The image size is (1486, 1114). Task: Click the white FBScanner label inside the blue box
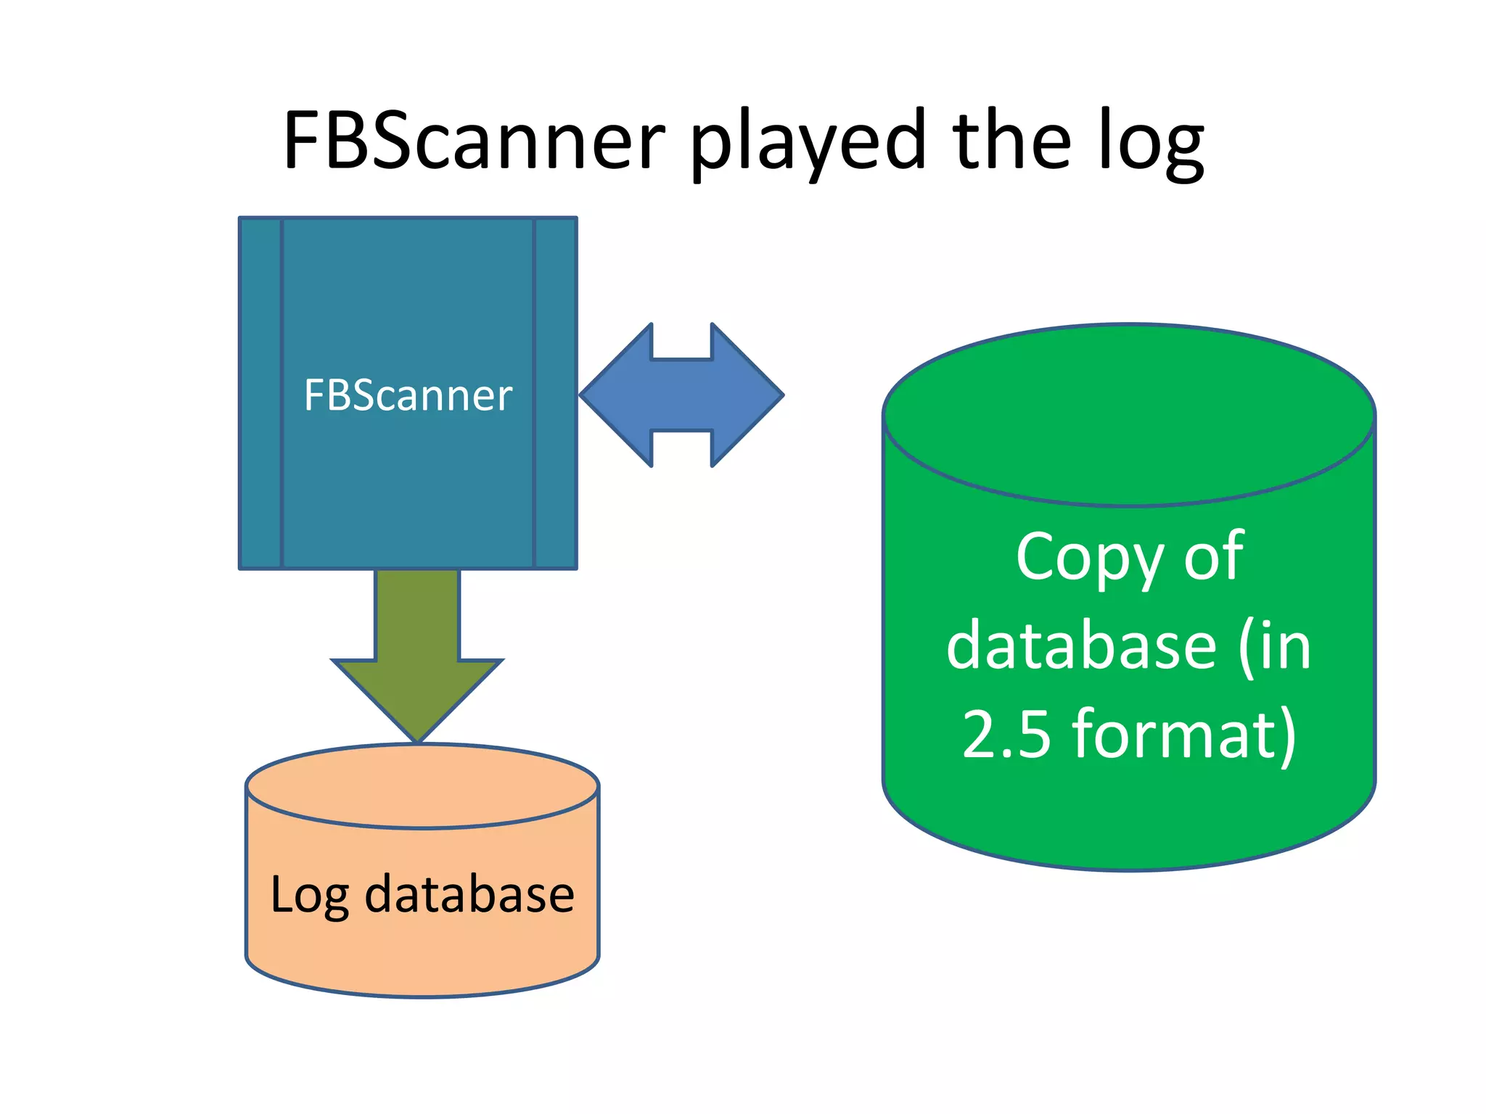point(408,395)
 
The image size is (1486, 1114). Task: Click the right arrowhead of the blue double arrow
point(747,395)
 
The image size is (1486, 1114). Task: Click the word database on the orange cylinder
point(469,894)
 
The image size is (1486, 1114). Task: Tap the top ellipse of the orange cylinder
point(422,785)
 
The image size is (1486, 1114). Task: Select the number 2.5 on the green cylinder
point(1007,734)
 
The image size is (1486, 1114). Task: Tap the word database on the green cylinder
point(1081,646)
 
